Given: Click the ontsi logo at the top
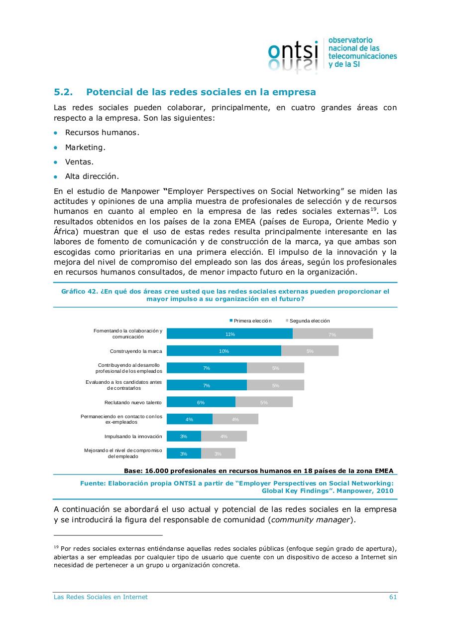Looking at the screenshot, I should coord(293,54).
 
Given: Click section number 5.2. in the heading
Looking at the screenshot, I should coord(63,92).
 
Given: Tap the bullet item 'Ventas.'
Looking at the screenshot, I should coord(79,162).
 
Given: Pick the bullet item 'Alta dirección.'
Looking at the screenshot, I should coord(92,176).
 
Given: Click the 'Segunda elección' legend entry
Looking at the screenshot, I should coord(309,320).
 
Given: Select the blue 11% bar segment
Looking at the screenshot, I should coord(229,334).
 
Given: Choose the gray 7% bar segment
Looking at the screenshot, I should coord(333,334).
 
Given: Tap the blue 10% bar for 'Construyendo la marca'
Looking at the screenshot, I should coord(224,351).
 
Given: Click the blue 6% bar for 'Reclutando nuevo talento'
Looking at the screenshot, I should coord(201,402).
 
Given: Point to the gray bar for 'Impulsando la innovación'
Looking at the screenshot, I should coord(224,436).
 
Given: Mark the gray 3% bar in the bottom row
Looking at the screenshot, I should coord(218,454).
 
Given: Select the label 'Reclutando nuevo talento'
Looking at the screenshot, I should coord(133,402).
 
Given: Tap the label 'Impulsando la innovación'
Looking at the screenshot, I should coord(133,436).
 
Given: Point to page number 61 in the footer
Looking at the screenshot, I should coord(393,597).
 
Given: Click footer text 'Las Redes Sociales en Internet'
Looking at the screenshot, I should coord(101,597).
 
